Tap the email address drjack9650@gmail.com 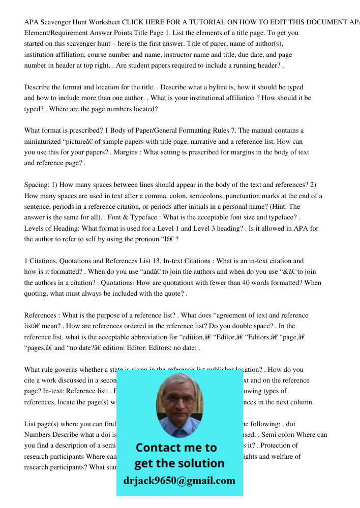coord(179,481)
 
